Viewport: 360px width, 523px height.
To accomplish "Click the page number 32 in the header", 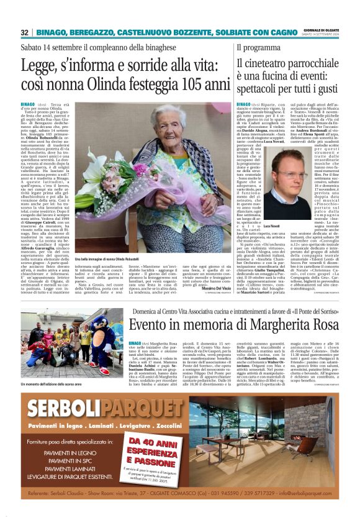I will (25, 32).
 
